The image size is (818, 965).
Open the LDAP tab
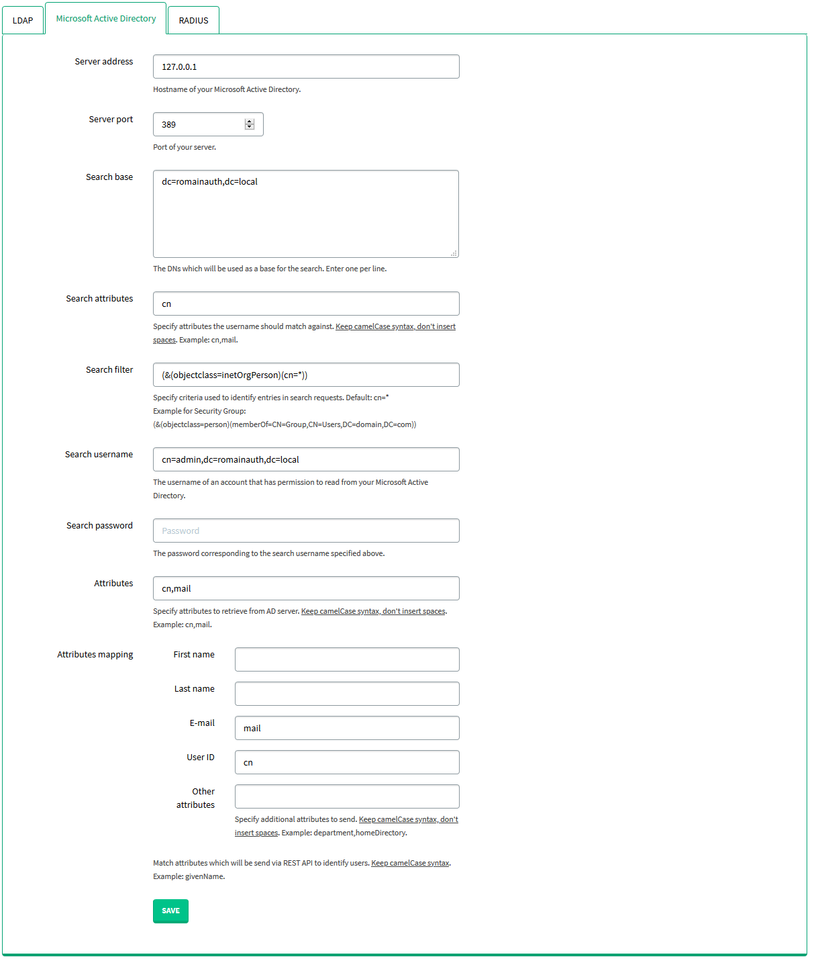(x=23, y=21)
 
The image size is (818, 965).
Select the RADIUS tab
(x=193, y=21)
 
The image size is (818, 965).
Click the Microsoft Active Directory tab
(x=106, y=19)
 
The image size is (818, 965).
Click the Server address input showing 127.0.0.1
(x=306, y=67)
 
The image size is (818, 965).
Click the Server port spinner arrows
(x=250, y=124)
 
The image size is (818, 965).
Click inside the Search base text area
(x=306, y=214)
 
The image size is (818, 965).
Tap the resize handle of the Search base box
(x=454, y=253)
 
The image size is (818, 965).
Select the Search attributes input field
(x=306, y=304)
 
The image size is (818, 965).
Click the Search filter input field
(x=306, y=375)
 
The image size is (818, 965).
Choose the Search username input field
(x=306, y=459)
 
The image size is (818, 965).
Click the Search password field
(x=306, y=531)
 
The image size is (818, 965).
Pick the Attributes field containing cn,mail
(x=306, y=588)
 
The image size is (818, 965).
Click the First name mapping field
(x=347, y=659)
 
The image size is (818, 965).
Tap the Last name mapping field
(x=347, y=694)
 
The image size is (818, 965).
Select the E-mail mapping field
(x=347, y=728)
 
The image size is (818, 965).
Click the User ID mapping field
(x=347, y=762)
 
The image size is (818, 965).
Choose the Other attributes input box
(x=347, y=796)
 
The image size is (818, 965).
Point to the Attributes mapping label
(x=95, y=655)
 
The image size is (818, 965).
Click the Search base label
(x=109, y=177)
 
